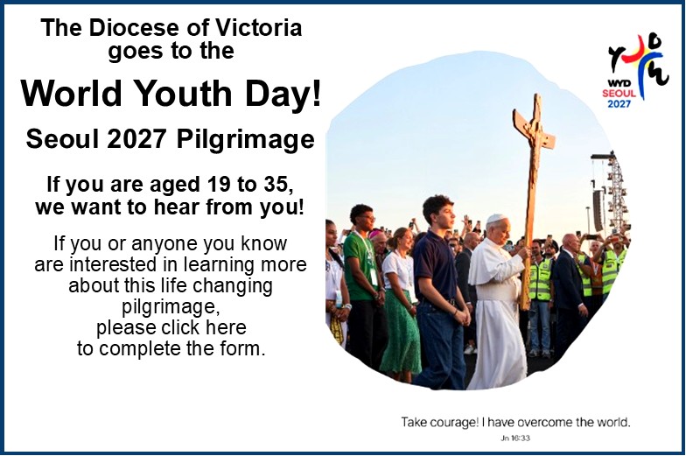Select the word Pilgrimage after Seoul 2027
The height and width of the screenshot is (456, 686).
tap(245, 140)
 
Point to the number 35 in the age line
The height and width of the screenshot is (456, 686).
tap(278, 184)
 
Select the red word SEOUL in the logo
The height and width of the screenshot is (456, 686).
tap(619, 93)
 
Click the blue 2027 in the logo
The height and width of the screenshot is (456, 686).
tap(619, 103)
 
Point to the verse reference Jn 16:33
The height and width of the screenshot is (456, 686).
tap(515, 438)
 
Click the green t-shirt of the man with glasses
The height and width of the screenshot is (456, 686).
tap(359, 267)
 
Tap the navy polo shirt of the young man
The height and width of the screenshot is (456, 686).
tap(436, 266)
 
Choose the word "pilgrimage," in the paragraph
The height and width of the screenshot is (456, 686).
tap(171, 307)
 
